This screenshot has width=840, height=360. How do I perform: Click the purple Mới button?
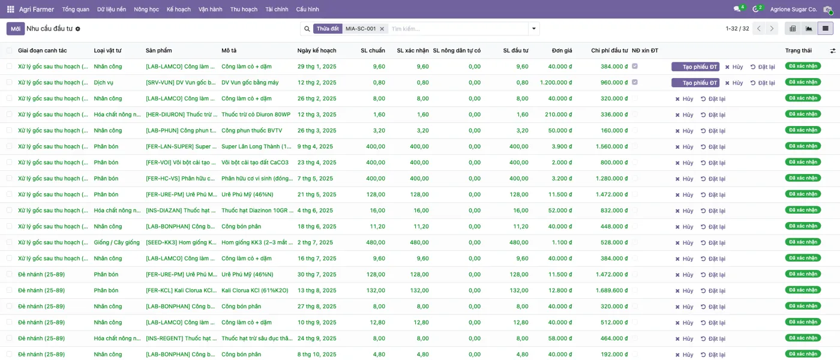16,29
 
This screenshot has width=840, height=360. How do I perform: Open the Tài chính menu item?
277,10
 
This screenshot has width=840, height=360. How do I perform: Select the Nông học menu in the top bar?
146,10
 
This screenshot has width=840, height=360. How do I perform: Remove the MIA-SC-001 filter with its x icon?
382,29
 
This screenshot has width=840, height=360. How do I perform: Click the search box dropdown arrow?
533,29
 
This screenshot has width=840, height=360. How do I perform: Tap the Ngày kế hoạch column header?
317,50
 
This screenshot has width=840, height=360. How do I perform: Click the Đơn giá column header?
562,50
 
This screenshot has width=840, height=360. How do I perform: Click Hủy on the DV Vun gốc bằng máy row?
734,83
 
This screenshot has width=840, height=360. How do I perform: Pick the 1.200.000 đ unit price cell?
556,83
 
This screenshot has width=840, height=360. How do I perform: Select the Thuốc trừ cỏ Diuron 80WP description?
256,115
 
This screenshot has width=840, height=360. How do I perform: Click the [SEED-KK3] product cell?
181,242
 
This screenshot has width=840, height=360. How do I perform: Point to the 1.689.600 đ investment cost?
611,290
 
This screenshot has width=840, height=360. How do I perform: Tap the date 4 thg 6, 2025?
315,211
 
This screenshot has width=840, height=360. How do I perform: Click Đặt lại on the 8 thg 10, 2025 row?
713,355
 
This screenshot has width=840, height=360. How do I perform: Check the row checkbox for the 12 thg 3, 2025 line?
10,115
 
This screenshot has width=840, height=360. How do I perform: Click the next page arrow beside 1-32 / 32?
772,29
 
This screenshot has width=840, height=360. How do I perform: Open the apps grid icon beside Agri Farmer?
11,10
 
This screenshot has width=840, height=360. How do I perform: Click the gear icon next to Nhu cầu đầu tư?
77,29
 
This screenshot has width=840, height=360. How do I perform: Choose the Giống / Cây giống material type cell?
116,242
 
